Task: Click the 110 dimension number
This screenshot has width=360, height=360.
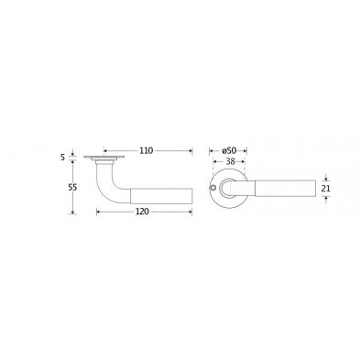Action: (147, 150)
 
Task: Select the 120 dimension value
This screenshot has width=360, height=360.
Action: (142, 212)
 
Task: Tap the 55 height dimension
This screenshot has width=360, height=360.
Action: (72, 187)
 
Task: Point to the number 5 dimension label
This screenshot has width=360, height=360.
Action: (63, 158)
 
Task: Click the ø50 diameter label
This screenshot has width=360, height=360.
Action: (229, 150)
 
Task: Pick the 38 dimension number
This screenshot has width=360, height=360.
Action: (230, 162)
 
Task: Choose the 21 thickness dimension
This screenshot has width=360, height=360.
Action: (326, 189)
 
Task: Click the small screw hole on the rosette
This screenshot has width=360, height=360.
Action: (213, 187)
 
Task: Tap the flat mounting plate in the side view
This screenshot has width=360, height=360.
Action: (104, 158)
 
